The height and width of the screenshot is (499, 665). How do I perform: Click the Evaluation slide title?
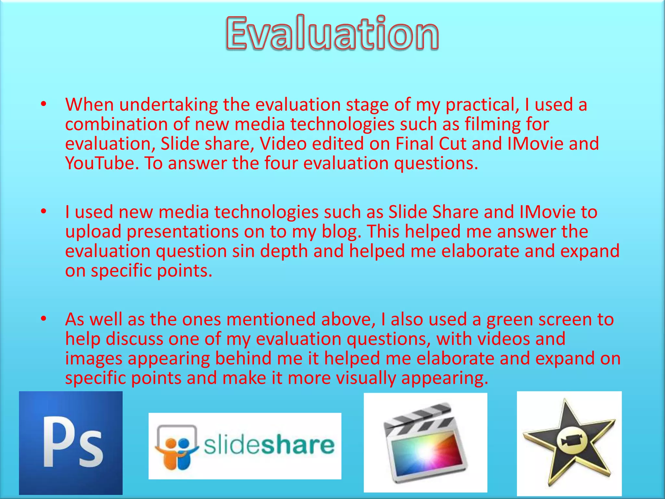point(332,33)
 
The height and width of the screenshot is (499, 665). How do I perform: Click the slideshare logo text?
point(269,445)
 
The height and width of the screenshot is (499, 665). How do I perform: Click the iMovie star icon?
point(569,443)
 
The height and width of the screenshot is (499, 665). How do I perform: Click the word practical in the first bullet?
point(482,105)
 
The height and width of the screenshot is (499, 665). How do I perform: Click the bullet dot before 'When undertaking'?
point(44,105)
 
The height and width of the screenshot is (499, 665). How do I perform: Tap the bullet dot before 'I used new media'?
point(44,212)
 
